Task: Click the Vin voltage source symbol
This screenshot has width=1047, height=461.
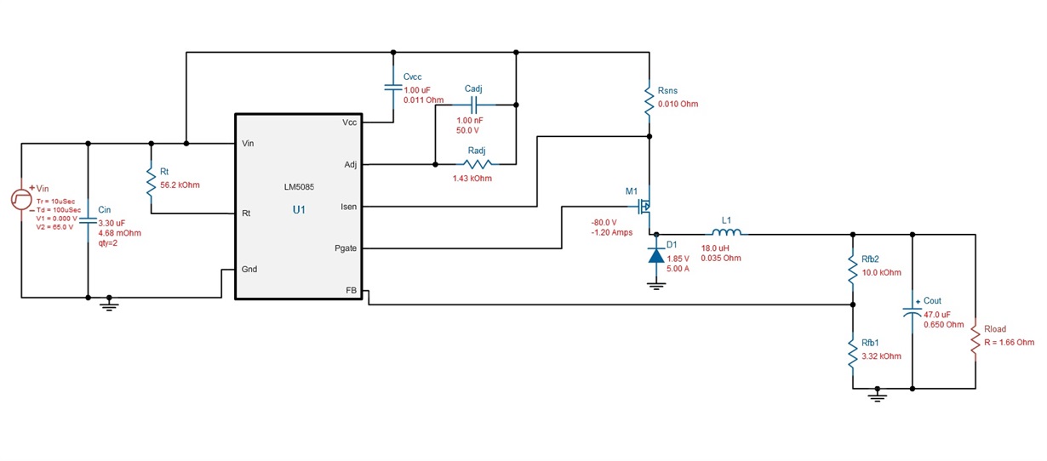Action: (21, 200)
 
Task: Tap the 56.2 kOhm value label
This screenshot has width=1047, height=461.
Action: (180, 185)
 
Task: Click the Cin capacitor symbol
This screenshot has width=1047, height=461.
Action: (88, 220)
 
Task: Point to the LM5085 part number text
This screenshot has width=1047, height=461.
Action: (299, 187)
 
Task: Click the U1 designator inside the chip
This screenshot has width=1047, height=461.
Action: (299, 210)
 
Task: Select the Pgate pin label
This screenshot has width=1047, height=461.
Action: (346, 248)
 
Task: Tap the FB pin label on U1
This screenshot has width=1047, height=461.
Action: (351, 291)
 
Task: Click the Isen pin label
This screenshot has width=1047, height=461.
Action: (349, 207)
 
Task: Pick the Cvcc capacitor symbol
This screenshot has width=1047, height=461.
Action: (393, 88)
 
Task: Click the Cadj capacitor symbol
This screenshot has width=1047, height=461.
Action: (473, 105)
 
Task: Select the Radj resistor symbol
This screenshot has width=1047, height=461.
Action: (478, 164)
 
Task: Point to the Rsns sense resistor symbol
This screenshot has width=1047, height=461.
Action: (649, 99)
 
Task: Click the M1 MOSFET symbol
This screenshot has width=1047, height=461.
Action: (644, 206)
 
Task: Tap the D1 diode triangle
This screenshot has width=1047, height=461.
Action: (656, 256)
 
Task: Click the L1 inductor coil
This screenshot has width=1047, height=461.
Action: (727, 232)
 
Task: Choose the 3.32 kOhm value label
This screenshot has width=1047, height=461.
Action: (882, 356)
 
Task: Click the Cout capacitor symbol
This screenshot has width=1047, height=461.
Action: (912, 311)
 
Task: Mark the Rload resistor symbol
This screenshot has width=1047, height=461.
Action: (975, 339)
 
